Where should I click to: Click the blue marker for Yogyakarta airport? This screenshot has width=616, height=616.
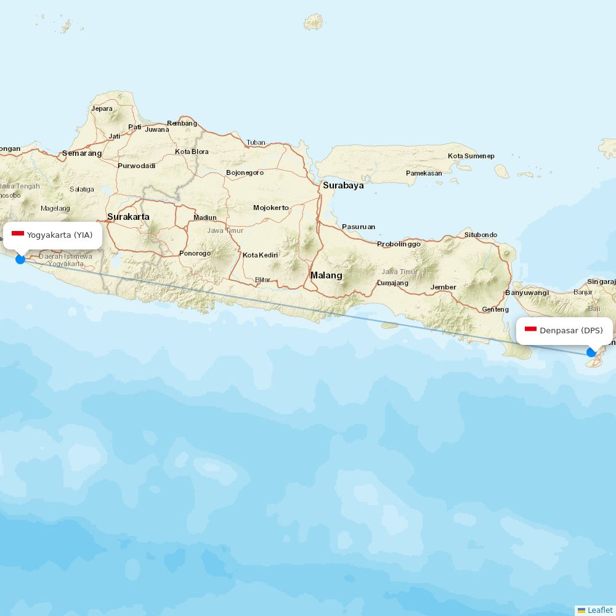click(x=20, y=259)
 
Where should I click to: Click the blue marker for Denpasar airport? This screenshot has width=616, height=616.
click(x=591, y=352)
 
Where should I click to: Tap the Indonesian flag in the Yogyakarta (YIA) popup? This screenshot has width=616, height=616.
click(x=18, y=235)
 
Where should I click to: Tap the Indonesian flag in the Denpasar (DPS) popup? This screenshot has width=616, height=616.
click(x=530, y=330)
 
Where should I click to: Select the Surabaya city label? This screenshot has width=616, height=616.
click(x=343, y=185)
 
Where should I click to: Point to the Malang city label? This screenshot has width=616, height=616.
click(x=326, y=275)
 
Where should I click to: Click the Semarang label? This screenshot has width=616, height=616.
click(x=82, y=153)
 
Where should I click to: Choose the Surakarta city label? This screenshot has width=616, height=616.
click(x=128, y=217)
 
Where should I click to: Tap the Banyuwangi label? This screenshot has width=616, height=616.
click(x=527, y=293)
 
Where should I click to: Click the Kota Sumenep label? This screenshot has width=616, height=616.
click(x=471, y=156)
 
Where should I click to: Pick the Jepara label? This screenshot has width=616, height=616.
click(x=102, y=109)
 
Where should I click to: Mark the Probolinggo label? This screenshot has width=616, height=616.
click(x=399, y=244)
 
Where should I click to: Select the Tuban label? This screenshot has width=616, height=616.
click(x=256, y=142)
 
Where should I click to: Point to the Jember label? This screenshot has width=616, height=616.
click(x=444, y=287)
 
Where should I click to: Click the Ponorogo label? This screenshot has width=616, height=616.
click(x=195, y=253)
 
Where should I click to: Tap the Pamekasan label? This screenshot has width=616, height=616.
click(x=424, y=173)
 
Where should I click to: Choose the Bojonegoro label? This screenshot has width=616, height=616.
click(x=245, y=172)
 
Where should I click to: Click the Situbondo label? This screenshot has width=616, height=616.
click(x=480, y=235)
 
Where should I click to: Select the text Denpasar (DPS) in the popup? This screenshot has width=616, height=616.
click(x=571, y=331)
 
